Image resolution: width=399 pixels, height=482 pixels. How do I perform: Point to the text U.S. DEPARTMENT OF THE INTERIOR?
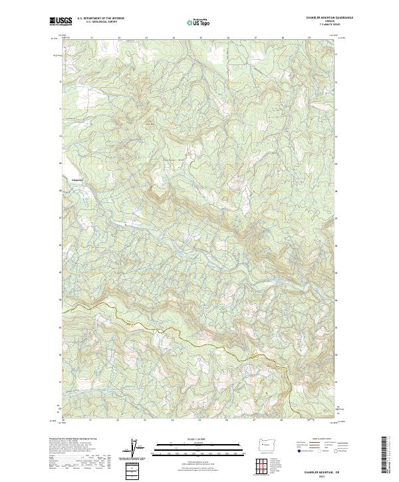100,19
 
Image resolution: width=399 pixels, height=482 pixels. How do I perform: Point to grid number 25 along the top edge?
201,38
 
